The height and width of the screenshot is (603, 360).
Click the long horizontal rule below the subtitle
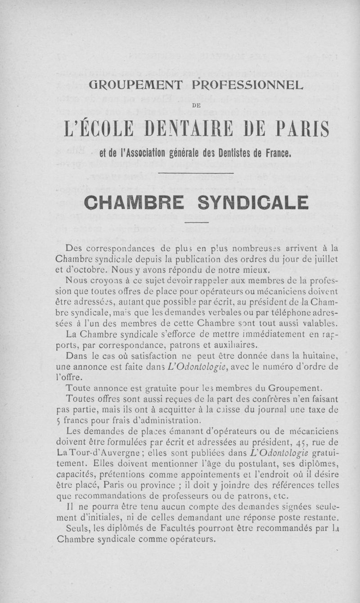click(x=197, y=173)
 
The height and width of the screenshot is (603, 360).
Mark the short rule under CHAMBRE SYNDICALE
click(x=197, y=223)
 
